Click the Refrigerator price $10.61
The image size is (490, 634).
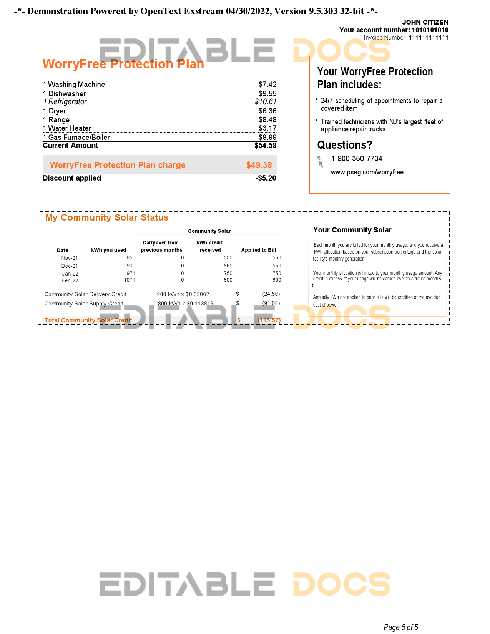pos(266,102)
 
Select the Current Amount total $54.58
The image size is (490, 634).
pos(265,146)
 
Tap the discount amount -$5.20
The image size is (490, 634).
pos(266,178)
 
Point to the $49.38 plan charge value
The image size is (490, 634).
pos(259,165)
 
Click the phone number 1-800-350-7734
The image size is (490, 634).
pos(357,159)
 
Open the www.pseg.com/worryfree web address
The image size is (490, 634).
pos(367,172)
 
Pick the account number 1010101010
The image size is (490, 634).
pos(430,30)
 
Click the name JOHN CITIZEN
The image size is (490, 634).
pos(425,22)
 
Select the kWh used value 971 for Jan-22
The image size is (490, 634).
pos(131,274)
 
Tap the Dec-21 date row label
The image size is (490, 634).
pos(70,266)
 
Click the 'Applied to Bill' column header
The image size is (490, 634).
pos(258,250)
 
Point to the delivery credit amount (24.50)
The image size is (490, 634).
pos(271,294)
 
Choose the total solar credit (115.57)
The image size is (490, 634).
pos(269,320)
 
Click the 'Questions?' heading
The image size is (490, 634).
pos(345,145)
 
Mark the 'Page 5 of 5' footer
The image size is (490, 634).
pos(400,627)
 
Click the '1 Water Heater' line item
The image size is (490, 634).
pos(67,128)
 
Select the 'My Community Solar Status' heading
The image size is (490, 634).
pos(107,218)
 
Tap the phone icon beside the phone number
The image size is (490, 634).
pos(321,161)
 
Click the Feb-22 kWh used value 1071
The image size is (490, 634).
pos(129,280)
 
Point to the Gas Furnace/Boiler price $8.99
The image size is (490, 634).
pos(267,138)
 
